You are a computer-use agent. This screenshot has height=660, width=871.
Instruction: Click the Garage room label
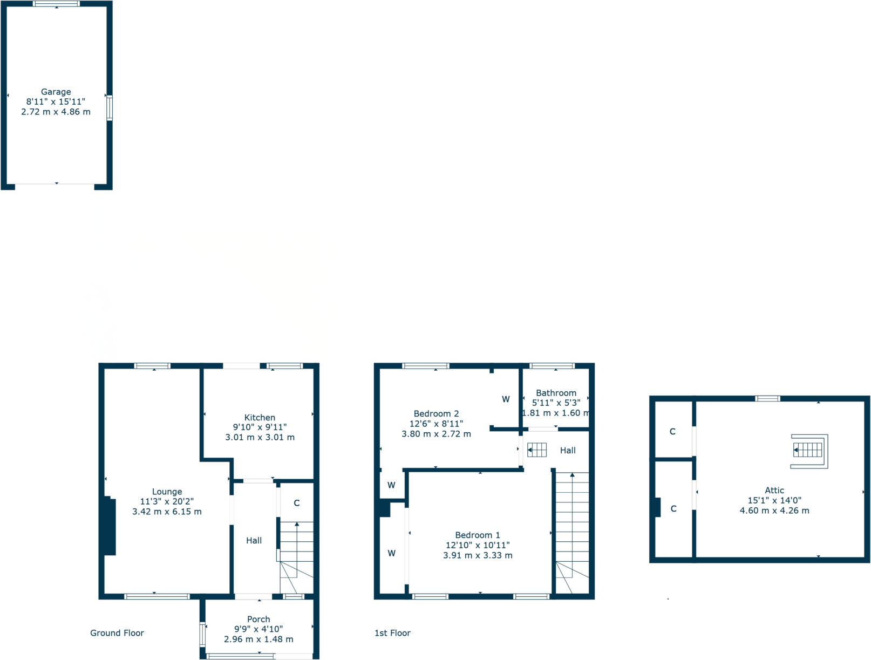56,92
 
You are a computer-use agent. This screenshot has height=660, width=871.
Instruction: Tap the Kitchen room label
260,418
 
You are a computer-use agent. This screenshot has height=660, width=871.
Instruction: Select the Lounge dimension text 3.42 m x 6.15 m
167,512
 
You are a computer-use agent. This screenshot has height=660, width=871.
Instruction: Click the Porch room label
258,619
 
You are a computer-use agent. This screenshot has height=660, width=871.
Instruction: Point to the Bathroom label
556,393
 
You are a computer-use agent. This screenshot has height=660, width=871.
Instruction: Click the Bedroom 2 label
436,414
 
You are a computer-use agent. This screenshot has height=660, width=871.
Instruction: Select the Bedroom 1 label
477,535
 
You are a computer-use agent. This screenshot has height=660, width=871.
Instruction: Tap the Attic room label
774,491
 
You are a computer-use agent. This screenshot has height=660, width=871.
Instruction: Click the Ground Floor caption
117,633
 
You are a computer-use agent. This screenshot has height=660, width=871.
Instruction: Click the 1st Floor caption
392,633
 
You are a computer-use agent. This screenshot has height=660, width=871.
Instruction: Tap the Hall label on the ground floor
254,541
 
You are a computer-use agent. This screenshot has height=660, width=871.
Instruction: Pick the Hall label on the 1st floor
568,451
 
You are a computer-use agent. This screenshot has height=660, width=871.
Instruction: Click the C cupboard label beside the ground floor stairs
296,503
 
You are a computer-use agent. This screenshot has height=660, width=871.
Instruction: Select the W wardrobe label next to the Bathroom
506,399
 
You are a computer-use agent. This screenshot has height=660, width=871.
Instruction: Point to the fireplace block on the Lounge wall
110,527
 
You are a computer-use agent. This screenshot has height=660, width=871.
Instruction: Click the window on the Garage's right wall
110,107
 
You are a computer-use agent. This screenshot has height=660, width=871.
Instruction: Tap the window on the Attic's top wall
767,399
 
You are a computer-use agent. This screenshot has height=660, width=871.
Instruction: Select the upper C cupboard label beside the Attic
672,432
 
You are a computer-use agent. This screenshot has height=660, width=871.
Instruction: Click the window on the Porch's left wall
203,634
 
